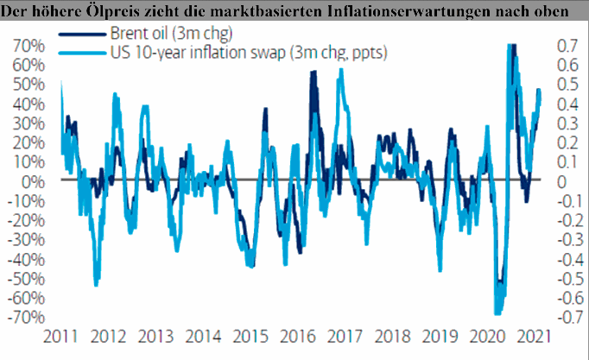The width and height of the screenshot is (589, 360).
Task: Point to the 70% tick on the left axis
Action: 31,45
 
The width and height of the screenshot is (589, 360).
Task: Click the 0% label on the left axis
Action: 36,181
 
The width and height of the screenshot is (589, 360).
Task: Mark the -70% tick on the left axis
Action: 28,317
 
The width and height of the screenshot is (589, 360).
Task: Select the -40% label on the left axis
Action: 28,259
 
